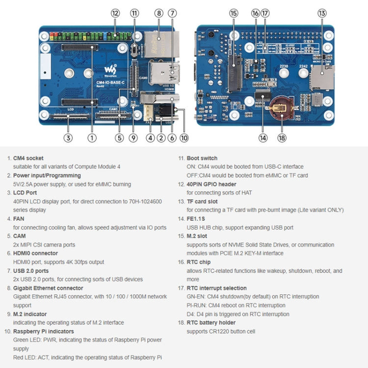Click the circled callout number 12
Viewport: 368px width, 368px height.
coord(115,13)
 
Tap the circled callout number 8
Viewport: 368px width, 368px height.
coord(158,13)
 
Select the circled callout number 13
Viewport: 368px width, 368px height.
coord(322,13)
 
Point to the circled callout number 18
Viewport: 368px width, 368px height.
coord(281,138)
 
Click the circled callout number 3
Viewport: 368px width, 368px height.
coord(69,138)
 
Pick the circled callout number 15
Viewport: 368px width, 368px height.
coord(233,13)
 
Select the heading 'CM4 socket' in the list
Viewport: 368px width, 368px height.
coord(28,158)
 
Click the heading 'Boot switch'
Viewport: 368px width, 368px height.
coord(202,158)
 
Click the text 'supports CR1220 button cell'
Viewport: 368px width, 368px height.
coord(221,331)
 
